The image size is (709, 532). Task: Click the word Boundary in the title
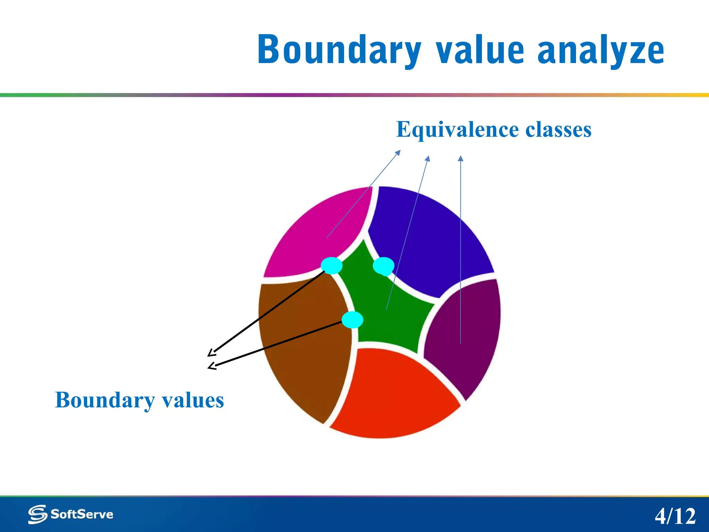[339, 50]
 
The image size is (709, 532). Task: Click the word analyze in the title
[601, 50]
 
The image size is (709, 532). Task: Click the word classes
[558, 130]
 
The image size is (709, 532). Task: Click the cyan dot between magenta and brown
[331, 266]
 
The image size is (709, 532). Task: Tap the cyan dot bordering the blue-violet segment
[384, 266]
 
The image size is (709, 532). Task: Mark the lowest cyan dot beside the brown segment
[352, 320]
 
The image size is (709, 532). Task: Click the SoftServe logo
[71, 514]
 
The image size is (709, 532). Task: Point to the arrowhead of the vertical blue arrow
[460, 158]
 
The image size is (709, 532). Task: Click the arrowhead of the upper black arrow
[211, 353]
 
